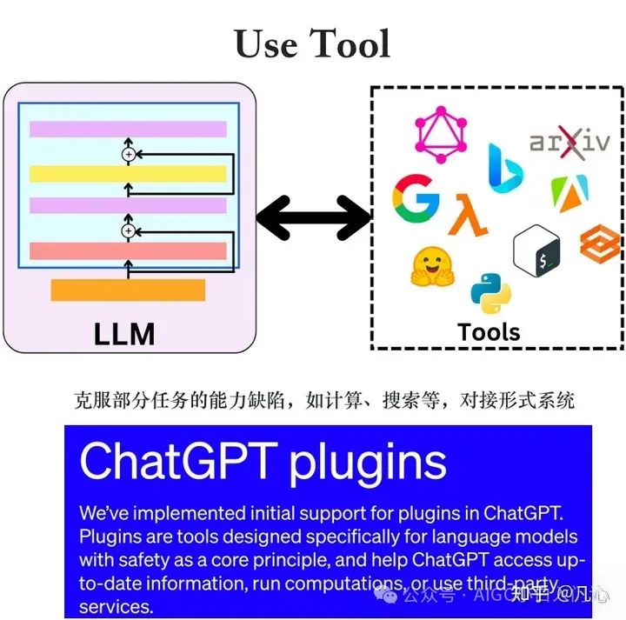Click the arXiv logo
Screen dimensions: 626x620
(570, 143)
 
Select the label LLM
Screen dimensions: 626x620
(125, 332)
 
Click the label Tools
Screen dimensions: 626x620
(489, 331)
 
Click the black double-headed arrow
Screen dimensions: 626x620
(314, 217)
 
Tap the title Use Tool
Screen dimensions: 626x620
(312, 43)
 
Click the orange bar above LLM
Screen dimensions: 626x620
(128, 290)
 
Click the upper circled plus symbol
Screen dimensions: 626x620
(129, 154)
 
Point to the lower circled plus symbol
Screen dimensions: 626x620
(129, 230)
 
